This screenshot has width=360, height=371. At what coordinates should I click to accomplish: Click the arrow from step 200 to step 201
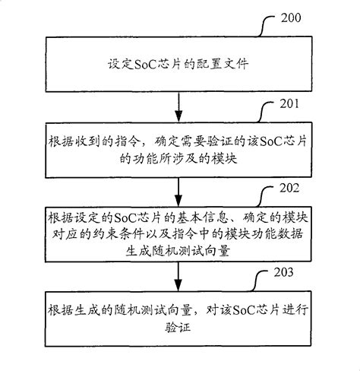tap(179, 102)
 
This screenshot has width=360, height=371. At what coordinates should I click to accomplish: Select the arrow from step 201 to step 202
tap(179, 186)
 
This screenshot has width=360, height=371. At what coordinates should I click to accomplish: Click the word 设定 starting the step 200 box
tap(122, 66)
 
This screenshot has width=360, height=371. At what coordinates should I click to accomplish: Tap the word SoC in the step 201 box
tap(262, 138)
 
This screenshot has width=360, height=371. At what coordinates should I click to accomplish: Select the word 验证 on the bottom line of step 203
tap(179, 326)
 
